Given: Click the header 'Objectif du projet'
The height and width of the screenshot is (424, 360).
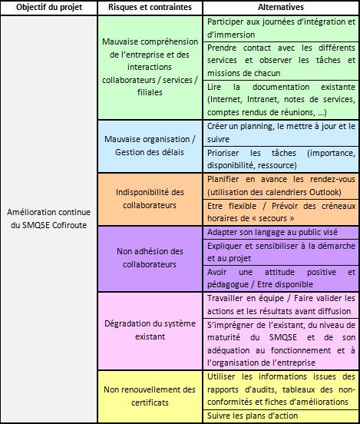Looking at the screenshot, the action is pyautogui.click(x=49, y=7).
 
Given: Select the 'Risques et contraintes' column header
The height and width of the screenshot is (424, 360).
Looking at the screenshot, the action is pyautogui.click(x=150, y=7).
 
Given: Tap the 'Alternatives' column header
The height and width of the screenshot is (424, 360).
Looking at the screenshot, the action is pyautogui.click(x=281, y=7).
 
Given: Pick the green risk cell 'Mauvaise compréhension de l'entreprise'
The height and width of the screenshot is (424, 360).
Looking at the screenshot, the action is pyautogui.click(x=150, y=67).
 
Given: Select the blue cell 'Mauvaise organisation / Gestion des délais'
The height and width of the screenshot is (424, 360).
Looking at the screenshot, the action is pyautogui.click(x=150, y=145).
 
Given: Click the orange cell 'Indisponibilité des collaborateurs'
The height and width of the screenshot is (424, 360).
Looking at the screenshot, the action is pyautogui.click(x=150, y=198).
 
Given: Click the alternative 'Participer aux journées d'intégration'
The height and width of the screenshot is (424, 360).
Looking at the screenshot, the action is pyautogui.click(x=281, y=28).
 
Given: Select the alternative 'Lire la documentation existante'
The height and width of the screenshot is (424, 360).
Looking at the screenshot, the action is pyautogui.click(x=281, y=99).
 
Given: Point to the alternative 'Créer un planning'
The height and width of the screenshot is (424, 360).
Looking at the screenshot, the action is pyautogui.click(x=281, y=131).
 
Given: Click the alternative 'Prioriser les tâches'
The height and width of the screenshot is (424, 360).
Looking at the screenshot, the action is pyautogui.click(x=281, y=158).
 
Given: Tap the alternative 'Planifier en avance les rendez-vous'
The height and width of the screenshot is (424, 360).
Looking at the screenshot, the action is pyautogui.click(x=281, y=184).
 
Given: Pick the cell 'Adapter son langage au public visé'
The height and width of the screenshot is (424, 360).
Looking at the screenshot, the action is pyautogui.click(x=281, y=231).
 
